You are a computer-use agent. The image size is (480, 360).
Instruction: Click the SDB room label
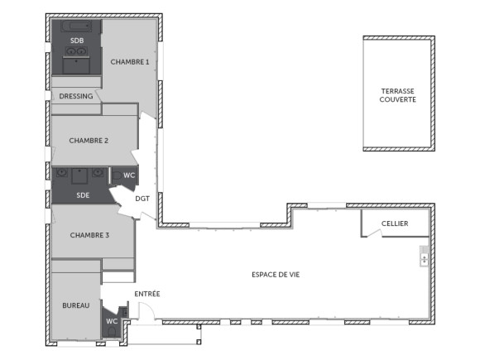click(x=76, y=41)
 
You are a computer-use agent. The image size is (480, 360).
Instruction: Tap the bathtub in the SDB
click(x=76, y=26)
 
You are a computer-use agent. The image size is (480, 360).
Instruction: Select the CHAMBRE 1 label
click(x=130, y=62)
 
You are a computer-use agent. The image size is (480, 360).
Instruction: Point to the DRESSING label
click(x=76, y=96)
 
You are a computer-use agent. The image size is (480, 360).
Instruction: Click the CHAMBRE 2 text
click(x=89, y=140)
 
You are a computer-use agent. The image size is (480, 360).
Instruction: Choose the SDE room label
click(x=83, y=195)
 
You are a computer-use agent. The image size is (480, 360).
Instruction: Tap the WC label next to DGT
click(x=128, y=175)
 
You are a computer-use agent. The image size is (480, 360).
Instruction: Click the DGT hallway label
click(x=142, y=199)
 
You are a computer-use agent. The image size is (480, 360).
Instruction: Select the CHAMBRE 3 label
click(x=89, y=235)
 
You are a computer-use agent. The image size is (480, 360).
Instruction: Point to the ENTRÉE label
click(x=146, y=294)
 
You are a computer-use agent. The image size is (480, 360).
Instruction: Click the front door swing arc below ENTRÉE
click(x=146, y=311)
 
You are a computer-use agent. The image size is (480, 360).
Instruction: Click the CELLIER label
click(x=395, y=223)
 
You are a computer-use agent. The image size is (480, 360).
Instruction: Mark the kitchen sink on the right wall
click(x=424, y=256)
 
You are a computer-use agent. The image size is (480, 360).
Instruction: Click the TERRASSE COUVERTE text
click(x=398, y=94)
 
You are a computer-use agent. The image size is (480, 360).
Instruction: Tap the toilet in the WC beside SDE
click(x=117, y=175)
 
